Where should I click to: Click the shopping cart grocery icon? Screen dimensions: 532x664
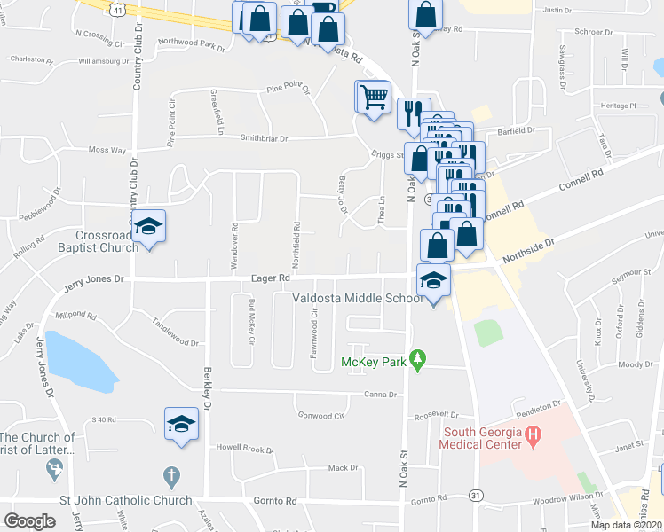tap(375, 97)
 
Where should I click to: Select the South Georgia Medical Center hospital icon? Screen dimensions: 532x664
tap(533, 435)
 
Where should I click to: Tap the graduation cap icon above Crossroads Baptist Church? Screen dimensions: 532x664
tap(149, 226)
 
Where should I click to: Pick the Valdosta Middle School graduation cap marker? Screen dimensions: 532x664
tap(433, 282)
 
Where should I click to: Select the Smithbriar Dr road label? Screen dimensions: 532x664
tap(265, 138)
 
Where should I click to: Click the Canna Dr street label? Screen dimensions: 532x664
tap(379, 395)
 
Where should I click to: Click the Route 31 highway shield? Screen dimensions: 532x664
tap(477, 495)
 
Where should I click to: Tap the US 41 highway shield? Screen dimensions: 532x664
tap(117, 7)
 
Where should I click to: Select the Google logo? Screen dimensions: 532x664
tap(29, 520)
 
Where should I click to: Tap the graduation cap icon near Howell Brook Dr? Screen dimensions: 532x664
tap(181, 424)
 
